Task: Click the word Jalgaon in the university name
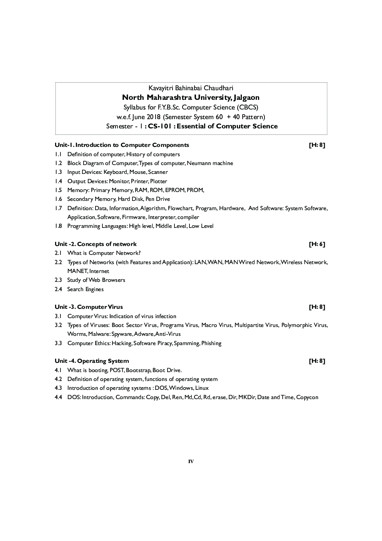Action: pos(244,98)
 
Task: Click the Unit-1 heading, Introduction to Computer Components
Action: pos(122,145)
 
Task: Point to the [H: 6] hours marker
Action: pos(317,244)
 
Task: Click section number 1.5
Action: pos(58,190)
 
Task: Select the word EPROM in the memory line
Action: pos(174,190)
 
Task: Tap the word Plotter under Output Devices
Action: pos(159,181)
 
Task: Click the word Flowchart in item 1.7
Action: pos(180,208)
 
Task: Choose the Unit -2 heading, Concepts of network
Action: pos(95,244)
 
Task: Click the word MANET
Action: pos(77,271)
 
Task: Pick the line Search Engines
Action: pos(85,289)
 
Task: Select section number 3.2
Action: pos(58,325)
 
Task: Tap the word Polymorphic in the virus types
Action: pos(297,325)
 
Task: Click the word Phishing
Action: pos(211,343)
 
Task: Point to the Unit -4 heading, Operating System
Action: pos(92,361)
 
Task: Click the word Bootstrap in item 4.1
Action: pos(138,370)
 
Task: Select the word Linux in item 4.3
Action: pos(202,388)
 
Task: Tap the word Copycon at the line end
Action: pos(307,397)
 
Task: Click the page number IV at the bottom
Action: pos(191,462)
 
